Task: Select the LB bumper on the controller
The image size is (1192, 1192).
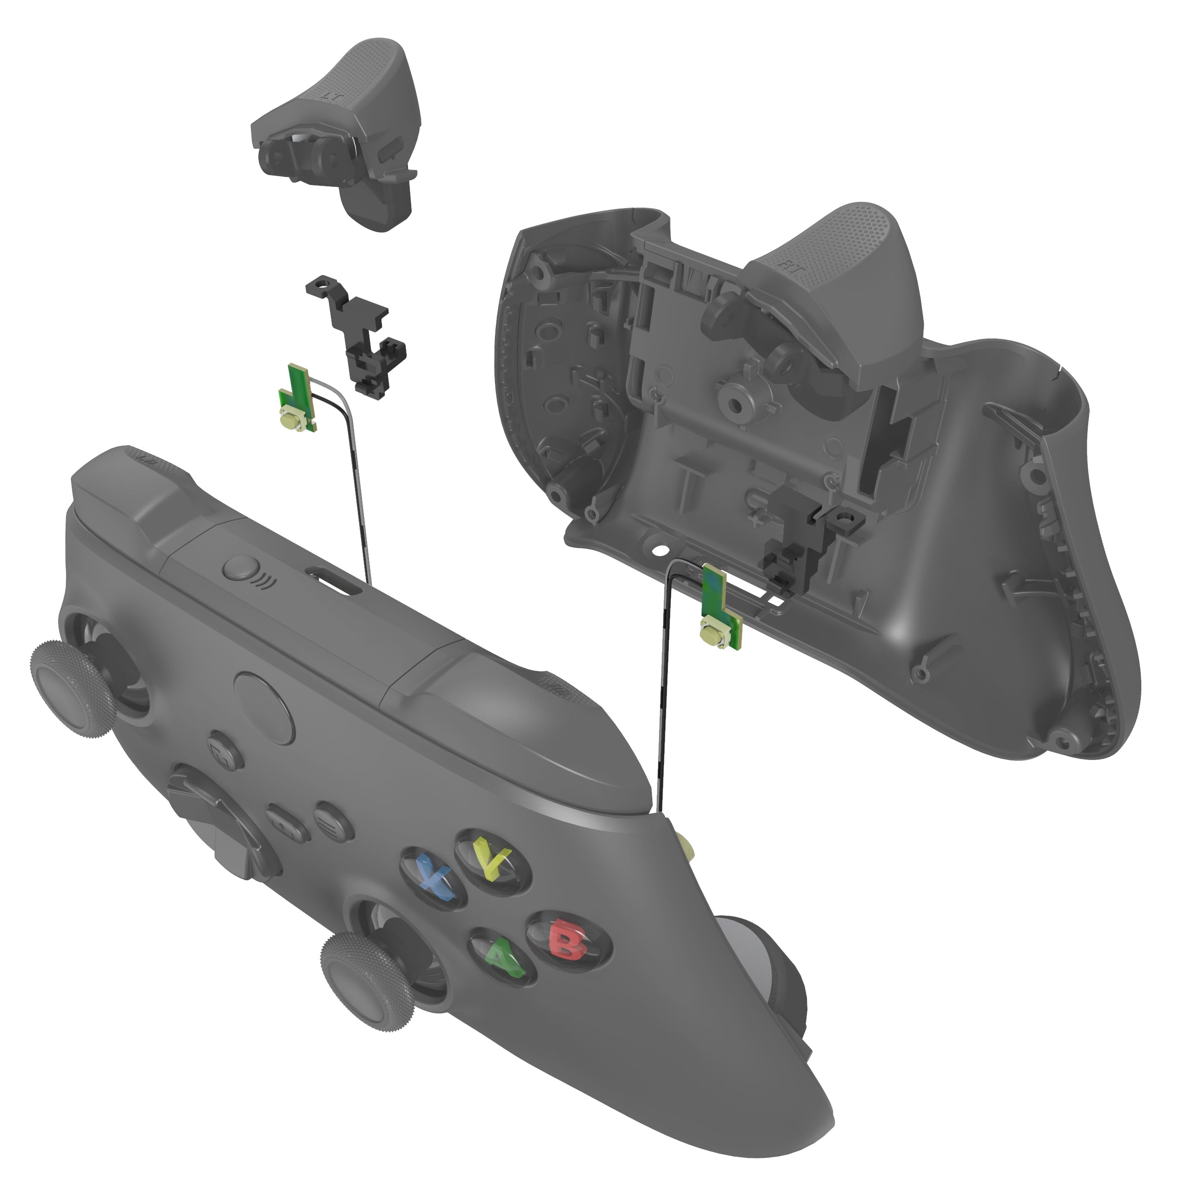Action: (x=123, y=488)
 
